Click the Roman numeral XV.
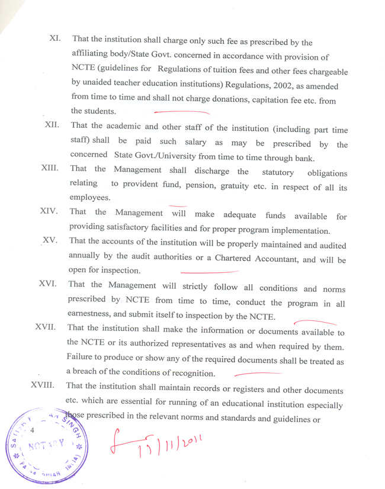(49, 240)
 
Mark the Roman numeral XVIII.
(43, 385)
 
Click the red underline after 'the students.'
(181, 111)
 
